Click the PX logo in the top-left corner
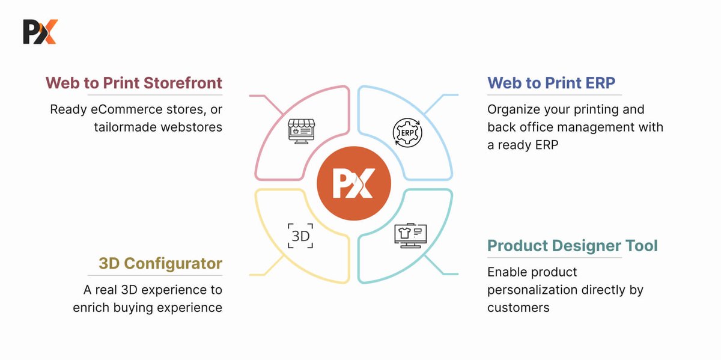[41, 32]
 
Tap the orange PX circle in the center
[354, 183]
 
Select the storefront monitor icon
[301, 132]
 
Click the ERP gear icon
[407, 133]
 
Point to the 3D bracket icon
[300, 236]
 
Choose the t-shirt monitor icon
[411, 236]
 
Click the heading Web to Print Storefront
[134, 83]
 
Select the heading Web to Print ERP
[551, 83]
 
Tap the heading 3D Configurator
[160, 263]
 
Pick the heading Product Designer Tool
[572, 246]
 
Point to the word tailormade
[126, 127]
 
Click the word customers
[518, 308]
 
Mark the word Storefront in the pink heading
[183, 83]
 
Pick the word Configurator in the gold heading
[173, 264]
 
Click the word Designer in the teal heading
[586, 246]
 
